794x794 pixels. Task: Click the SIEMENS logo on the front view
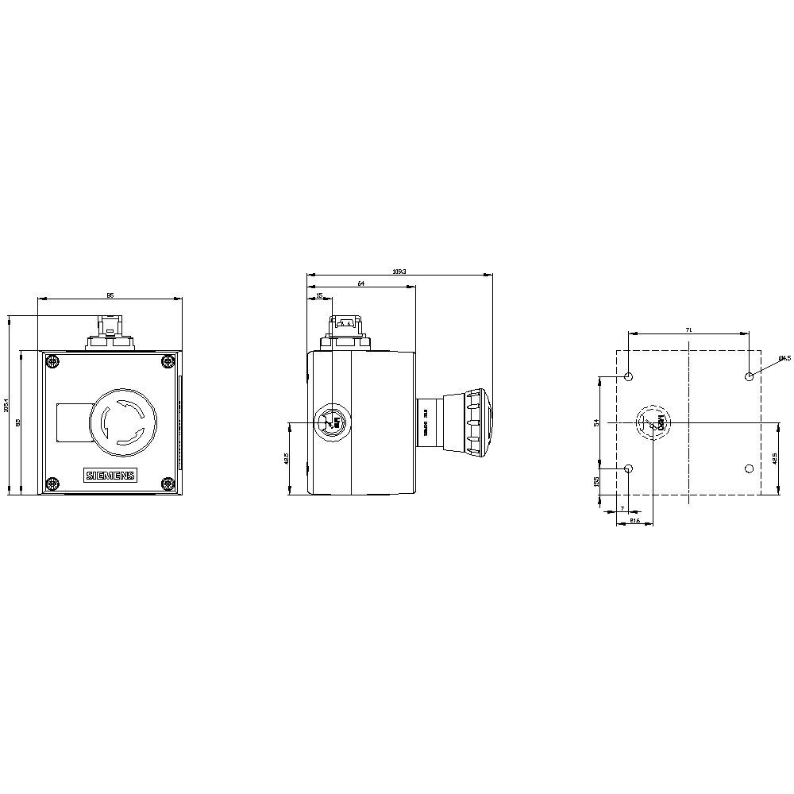coord(110,475)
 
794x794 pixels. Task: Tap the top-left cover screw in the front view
coord(52,363)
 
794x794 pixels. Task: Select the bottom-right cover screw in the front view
coord(168,483)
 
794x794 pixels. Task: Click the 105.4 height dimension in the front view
coord(7,405)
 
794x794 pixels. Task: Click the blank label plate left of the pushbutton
coord(74,422)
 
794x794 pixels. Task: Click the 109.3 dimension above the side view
coord(399,272)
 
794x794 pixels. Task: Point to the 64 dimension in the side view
coord(360,283)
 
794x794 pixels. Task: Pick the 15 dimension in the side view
coord(319,295)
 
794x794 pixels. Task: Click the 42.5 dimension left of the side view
coord(286,458)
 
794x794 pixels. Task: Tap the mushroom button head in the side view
coord(479,422)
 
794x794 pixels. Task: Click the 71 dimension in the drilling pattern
coord(688,329)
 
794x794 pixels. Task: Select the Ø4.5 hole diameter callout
coord(784,357)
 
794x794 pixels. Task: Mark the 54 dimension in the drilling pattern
coord(597,422)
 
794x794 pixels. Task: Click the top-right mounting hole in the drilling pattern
coord(749,376)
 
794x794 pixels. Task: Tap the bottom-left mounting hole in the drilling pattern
coord(629,468)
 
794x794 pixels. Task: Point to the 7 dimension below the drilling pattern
coord(622,507)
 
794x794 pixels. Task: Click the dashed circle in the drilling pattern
coord(652,422)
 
